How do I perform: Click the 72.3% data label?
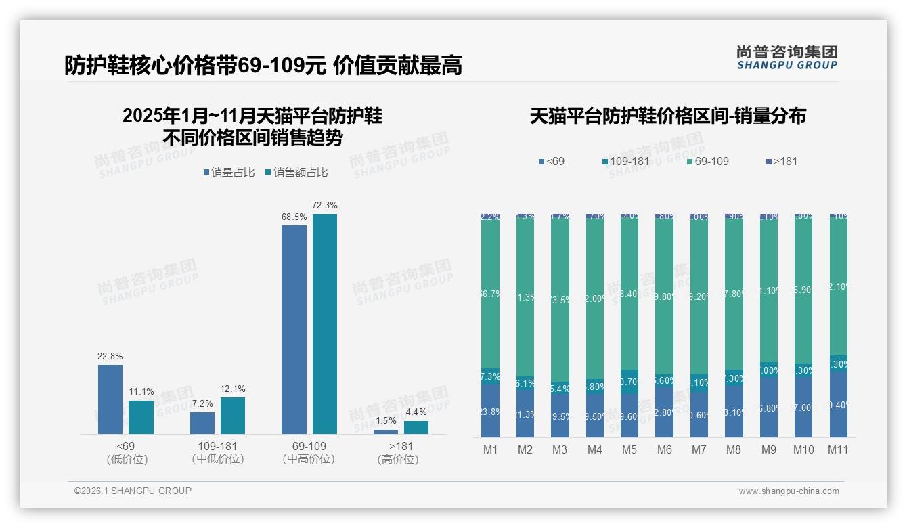pos(325,205)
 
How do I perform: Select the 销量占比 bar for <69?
pos(110,399)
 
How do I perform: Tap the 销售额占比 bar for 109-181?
pos(233,415)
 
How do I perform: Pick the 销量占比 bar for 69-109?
pos(294,329)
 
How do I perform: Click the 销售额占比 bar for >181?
pos(416,427)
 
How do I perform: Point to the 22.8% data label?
pos(110,356)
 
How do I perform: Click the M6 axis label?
pos(664,449)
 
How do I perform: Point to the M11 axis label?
pos(838,449)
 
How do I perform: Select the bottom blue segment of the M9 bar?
pos(768,408)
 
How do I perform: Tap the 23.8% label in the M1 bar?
pos(490,411)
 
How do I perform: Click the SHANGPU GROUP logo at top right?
pos(787,57)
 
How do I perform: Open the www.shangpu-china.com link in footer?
pos(789,491)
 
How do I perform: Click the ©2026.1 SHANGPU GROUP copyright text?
pos(133,491)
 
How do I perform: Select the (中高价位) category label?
pos(309,459)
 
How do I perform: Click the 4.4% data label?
pos(416,412)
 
